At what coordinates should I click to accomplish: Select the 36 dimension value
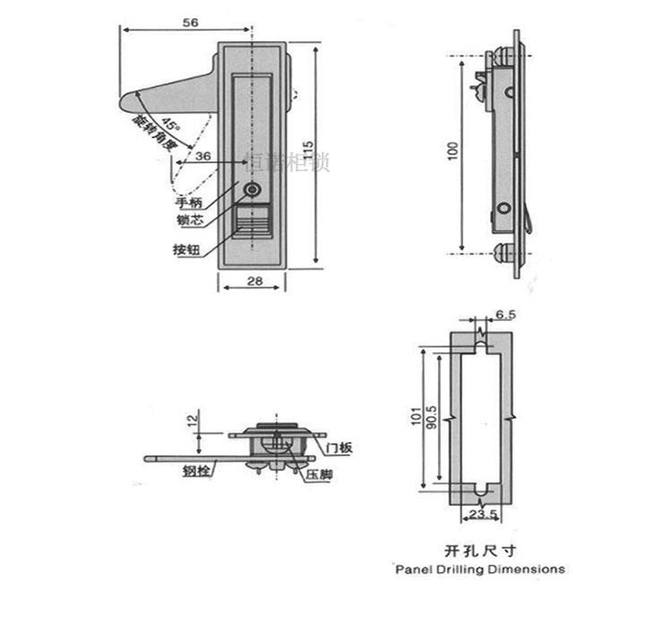pos(203,157)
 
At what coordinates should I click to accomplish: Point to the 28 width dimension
pos(254,282)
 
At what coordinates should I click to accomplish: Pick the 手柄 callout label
pos(190,203)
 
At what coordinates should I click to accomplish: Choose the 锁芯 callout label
pos(190,219)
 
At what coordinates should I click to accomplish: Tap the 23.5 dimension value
pos(482,515)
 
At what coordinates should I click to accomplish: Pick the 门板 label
pos(340,447)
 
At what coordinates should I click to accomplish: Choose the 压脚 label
pos(318,474)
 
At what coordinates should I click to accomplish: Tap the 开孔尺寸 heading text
pos(480,551)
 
